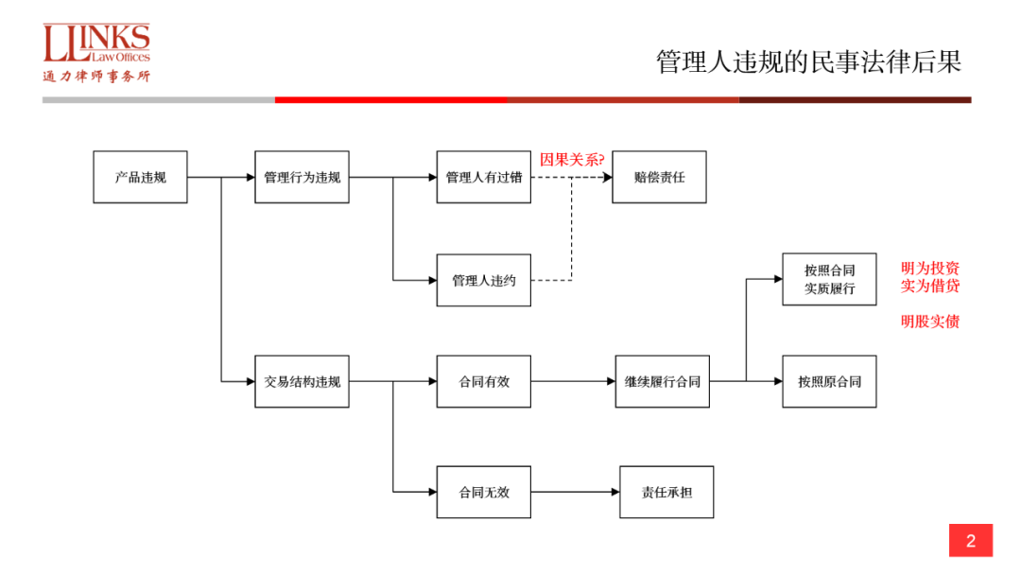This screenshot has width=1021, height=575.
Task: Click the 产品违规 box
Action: (x=140, y=177)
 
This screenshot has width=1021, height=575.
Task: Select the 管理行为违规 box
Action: (x=302, y=177)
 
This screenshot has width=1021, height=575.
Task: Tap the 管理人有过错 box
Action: (x=483, y=177)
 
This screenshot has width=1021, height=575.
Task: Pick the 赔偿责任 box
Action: (x=659, y=177)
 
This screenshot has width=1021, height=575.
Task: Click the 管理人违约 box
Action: (x=483, y=280)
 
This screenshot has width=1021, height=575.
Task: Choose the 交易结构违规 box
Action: (x=302, y=381)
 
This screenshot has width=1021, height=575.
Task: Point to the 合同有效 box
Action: (x=483, y=381)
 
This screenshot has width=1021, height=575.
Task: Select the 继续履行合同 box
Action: (x=662, y=381)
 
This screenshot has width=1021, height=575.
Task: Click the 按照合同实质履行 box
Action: (x=829, y=279)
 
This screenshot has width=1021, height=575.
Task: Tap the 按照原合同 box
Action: (x=829, y=381)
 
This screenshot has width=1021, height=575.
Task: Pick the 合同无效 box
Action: (x=483, y=492)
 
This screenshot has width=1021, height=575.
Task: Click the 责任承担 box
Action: (x=666, y=492)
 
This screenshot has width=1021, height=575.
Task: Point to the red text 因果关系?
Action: (x=572, y=159)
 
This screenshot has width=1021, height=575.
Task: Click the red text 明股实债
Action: (x=930, y=322)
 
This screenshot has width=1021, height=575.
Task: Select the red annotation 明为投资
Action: (x=930, y=268)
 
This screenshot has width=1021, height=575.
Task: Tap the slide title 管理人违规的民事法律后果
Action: (x=808, y=62)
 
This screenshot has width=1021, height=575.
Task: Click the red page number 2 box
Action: (x=971, y=541)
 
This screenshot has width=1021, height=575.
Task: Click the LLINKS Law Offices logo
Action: (x=96, y=53)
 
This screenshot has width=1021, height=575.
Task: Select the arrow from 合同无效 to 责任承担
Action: (x=575, y=492)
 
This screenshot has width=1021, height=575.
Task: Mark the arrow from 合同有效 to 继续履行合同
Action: (x=573, y=381)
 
